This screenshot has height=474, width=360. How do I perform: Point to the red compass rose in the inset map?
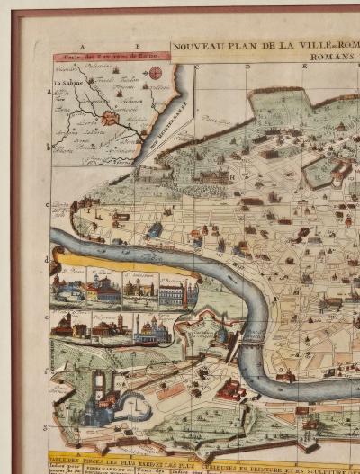coord(155,73)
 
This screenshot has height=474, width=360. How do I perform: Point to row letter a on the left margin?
coord(49,92)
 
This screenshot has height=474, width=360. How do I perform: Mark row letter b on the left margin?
coord(49,146)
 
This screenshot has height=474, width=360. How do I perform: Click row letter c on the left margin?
coord(49,204)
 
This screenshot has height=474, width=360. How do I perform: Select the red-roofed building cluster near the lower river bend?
coord(231,389)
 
